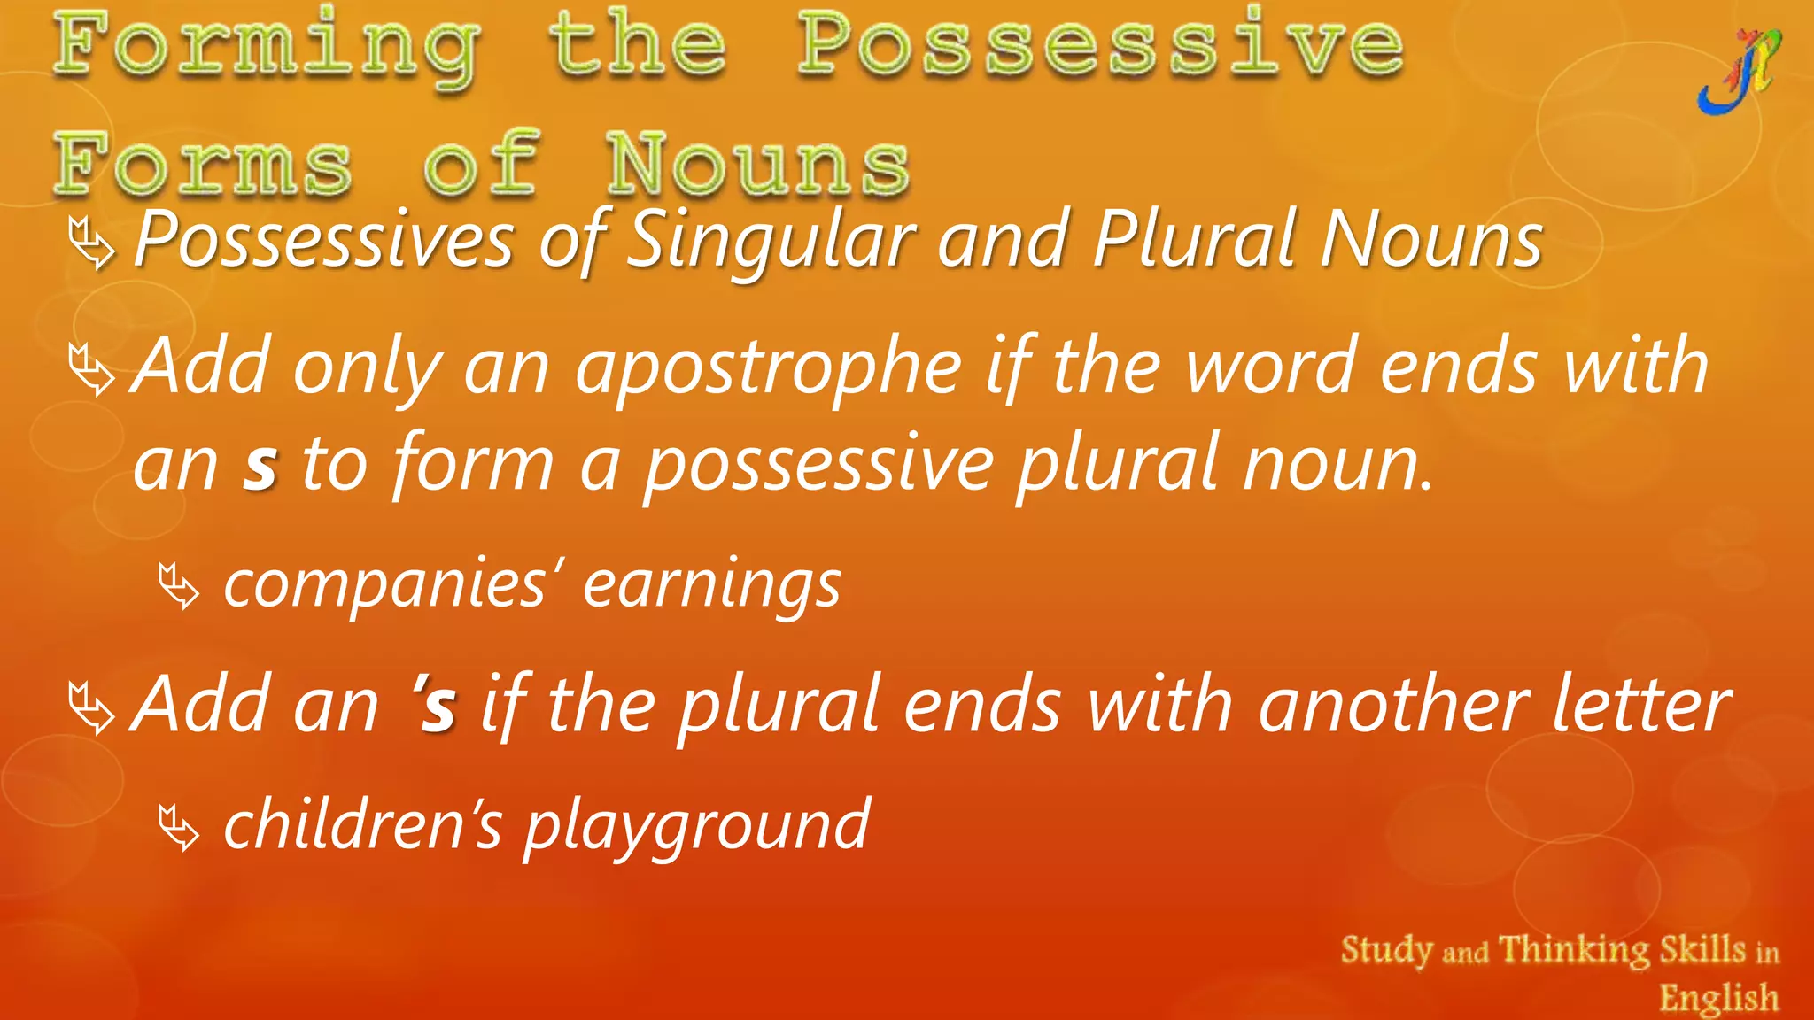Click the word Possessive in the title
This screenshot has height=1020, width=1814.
pyautogui.click(x=1100, y=44)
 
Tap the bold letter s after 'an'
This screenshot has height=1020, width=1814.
pyautogui.click(x=260, y=466)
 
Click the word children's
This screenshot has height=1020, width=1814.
pyautogui.click(x=363, y=823)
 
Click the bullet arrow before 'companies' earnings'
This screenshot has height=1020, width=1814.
pyautogui.click(x=179, y=586)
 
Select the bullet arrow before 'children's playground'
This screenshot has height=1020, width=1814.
pyautogui.click(x=179, y=827)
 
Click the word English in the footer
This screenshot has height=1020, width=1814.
pyautogui.click(x=1718, y=998)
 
